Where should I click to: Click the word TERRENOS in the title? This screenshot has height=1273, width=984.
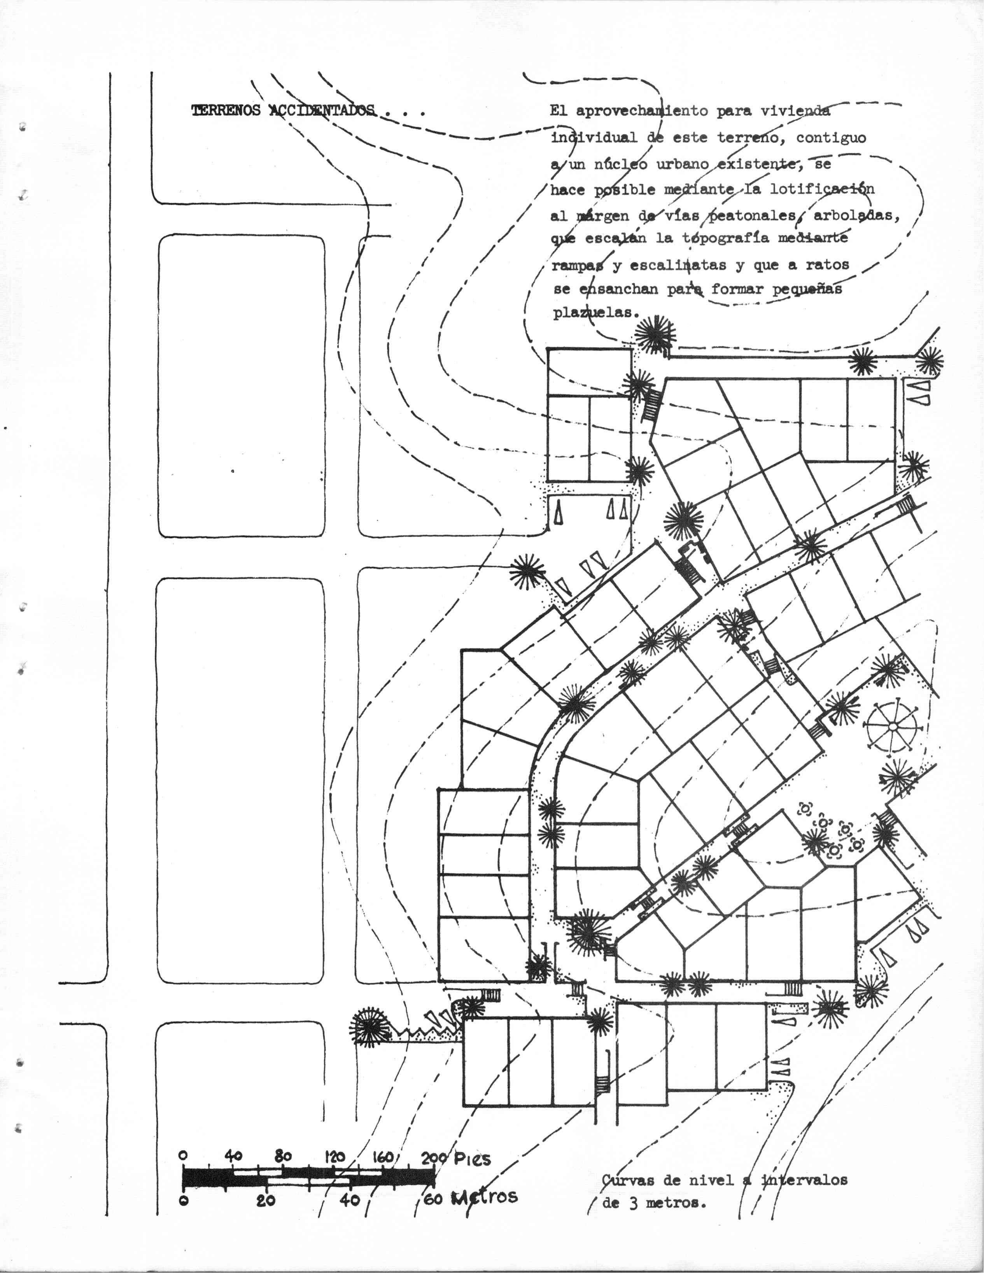226,111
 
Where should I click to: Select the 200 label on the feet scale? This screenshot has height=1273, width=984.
434,1157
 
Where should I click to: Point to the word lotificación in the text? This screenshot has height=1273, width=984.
822,189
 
